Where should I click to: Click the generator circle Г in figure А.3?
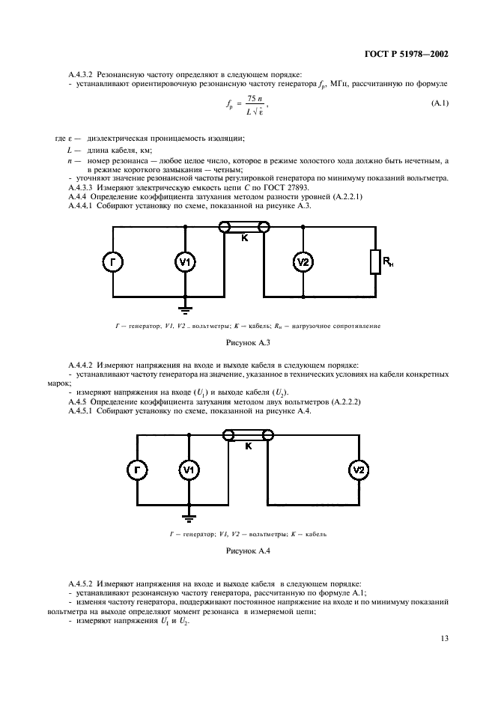click(113, 261)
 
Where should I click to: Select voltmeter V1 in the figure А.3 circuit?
click(185, 261)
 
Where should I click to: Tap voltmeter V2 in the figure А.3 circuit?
click(301, 261)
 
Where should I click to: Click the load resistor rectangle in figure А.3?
click(374, 262)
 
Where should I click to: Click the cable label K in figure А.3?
click(244, 238)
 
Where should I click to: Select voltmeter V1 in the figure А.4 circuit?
click(189, 470)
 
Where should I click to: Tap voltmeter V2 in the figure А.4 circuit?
click(359, 470)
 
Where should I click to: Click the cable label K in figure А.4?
click(248, 446)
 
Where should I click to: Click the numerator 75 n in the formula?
click(255, 98)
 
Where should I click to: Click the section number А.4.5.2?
click(82, 583)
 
